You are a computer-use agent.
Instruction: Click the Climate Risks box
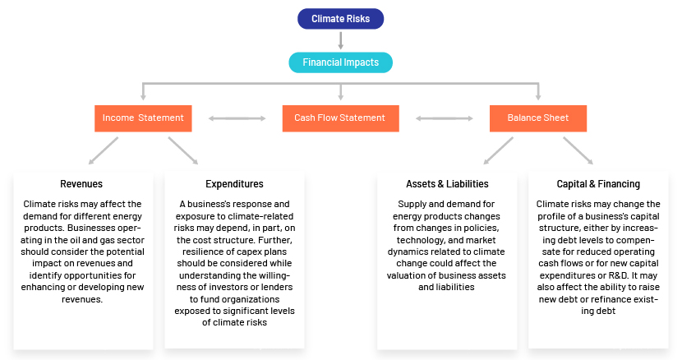pos(340,19)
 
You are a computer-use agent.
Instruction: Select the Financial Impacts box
pos(340,62)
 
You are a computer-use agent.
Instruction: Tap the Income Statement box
pos(143,118)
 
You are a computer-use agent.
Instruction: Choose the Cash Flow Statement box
pos(340,118)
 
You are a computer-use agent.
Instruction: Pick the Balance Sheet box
pos(538,118)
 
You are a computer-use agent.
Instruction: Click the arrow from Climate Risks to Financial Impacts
pos(340,40)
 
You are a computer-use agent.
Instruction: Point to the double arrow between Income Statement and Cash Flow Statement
pos(237,118)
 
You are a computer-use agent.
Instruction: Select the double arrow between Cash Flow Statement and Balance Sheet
pos(445,118)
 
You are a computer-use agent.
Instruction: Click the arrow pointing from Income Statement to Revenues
pos(103,150)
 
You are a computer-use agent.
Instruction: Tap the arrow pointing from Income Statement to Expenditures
pos(183,150)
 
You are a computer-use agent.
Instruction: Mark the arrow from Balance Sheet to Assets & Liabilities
pos(499,150)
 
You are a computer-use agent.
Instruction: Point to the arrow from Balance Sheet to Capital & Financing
pos(578,150)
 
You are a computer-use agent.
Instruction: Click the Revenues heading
pos(81,184)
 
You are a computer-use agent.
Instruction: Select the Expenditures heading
pos(234,184)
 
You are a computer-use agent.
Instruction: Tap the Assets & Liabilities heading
pos(447,184)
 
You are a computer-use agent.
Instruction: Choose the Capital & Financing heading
pos(598,184)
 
